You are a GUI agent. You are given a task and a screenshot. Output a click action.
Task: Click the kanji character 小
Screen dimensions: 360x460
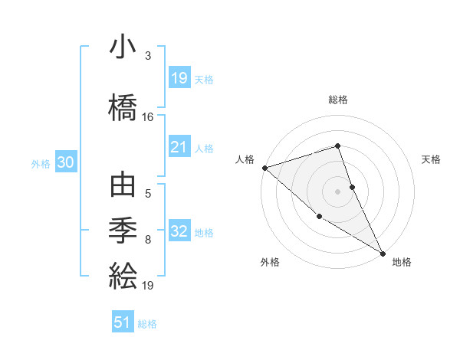(x=123, y=48)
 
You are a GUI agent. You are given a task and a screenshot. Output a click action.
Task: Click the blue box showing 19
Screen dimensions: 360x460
(x=179, y=78)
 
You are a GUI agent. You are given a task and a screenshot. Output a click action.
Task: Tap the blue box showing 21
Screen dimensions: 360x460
(x=179, y=147)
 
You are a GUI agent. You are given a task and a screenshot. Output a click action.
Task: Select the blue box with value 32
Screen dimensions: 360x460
(x=179, y=231)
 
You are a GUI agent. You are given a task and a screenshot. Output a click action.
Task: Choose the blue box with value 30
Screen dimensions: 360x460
(x=66, y=162)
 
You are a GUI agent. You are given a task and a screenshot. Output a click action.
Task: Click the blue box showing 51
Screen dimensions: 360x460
(x=123, y=322)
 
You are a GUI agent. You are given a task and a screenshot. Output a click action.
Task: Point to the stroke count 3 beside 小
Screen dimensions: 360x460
(x=147, y=56)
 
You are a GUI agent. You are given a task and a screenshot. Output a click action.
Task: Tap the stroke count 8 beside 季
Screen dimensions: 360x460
(x=147, y=240)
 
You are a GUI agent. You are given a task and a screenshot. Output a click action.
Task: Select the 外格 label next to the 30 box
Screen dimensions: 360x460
(x=41, y=163)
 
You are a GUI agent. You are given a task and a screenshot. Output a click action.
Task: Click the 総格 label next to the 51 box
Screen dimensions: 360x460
(x=147, y=324)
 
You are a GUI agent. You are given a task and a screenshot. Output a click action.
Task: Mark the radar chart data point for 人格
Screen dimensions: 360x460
(x=264, y=168)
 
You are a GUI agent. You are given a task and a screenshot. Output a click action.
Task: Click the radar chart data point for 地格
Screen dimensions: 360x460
(x=383, y=252)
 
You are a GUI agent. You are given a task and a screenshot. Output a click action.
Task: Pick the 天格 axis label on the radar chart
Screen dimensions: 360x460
(x=432, y=159)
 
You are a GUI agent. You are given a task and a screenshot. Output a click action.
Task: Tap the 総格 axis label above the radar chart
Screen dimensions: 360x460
(x=338, y=100)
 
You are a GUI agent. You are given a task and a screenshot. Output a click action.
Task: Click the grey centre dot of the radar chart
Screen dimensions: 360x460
(x=337, y=191)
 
